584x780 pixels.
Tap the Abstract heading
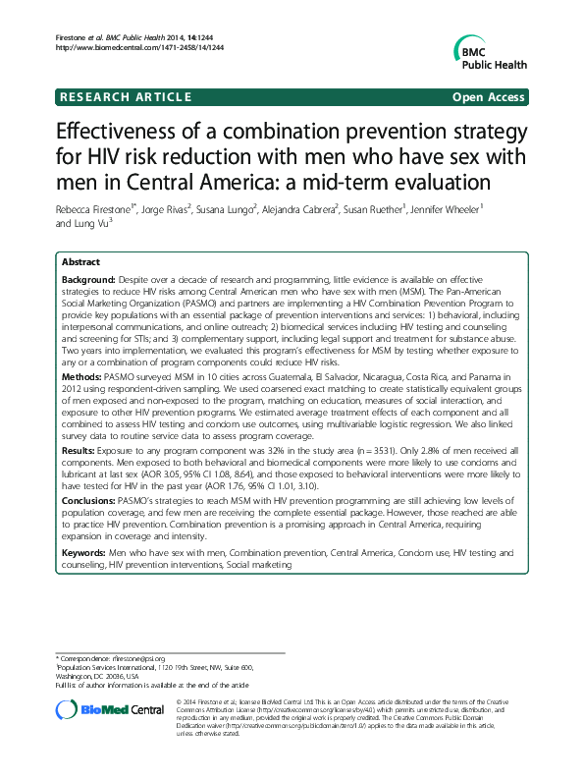81,263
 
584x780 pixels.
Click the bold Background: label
91,281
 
